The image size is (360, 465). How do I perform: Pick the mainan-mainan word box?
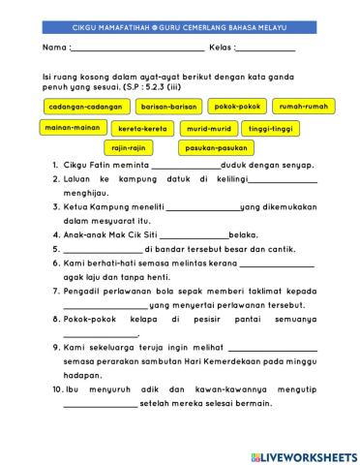70,127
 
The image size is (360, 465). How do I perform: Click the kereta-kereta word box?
142,128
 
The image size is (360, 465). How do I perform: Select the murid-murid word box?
208,128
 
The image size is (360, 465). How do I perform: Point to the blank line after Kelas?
266,47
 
